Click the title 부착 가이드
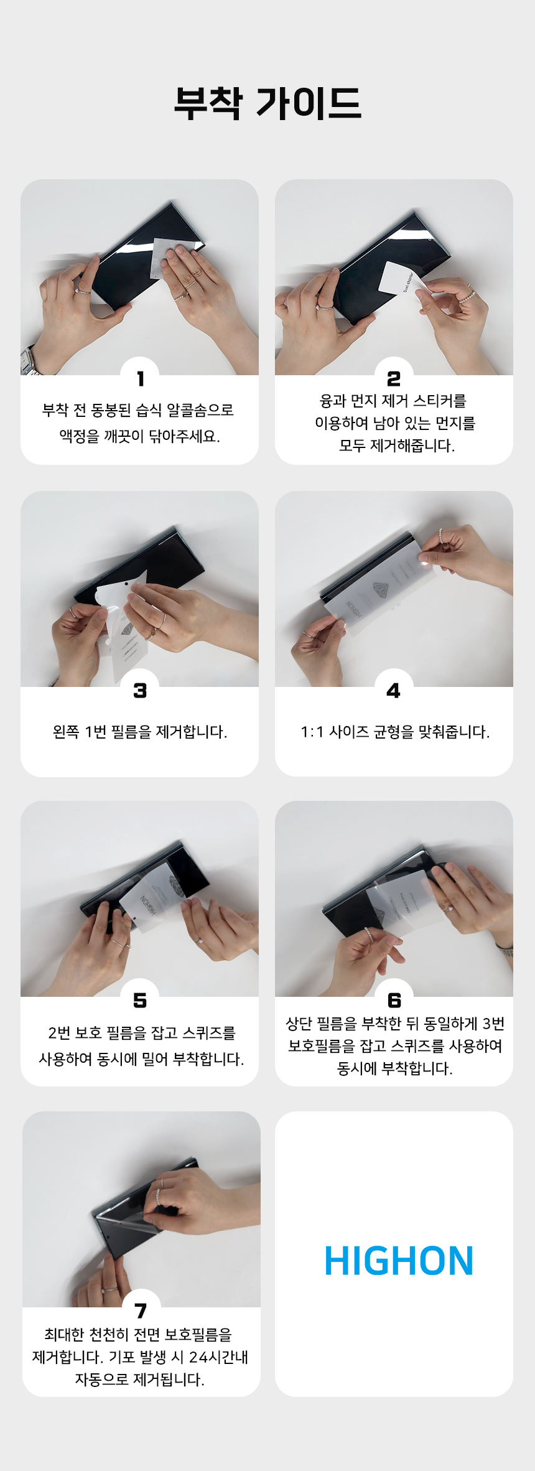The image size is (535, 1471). pyautogui.click(x=267, y=103)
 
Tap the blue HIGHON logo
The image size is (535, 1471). pyautogui.click(x=399, y=1261)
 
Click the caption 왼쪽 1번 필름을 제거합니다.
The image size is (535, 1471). pyautogui.click(x=140, y=732)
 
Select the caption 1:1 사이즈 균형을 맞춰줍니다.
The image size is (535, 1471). pyautogui.click(x=395, y=732)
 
